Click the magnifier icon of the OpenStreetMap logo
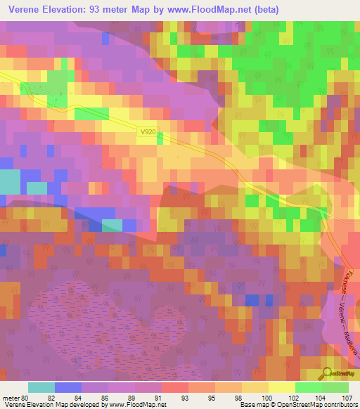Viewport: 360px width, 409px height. click(328, 372)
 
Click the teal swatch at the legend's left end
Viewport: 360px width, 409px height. click(41, 387)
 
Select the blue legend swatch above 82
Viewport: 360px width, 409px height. click(68, 387)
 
